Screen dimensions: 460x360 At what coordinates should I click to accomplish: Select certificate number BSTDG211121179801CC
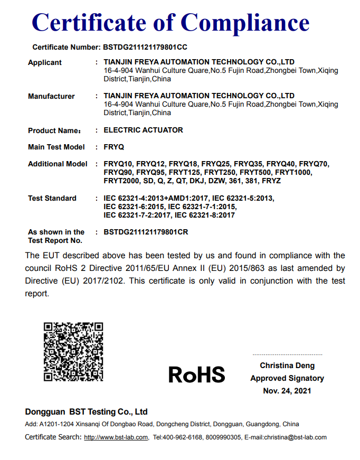[145, 47]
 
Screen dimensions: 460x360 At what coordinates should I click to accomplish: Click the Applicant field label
[45, 62]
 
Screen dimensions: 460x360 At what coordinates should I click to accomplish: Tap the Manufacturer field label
[51, 96]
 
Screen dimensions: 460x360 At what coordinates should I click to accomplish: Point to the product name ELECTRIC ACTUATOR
[144, 130]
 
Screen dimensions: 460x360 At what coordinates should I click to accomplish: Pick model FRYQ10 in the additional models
[118, 164]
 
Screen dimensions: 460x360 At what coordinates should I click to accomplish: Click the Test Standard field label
[52, 198]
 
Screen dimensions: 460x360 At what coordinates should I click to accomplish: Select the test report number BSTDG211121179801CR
[146, 232]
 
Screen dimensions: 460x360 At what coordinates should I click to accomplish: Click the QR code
[73, 352]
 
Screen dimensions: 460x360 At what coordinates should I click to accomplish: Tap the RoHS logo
[196, 374]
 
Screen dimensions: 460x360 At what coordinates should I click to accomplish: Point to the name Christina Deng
[287, 365]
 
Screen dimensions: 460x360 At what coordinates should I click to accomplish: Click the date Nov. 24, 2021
[287, 391]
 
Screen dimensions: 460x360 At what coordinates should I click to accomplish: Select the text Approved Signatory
[287, 378]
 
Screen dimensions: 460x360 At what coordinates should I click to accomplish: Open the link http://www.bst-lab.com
[116, 437]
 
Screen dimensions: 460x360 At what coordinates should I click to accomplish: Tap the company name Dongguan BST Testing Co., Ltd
[86, 411]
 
